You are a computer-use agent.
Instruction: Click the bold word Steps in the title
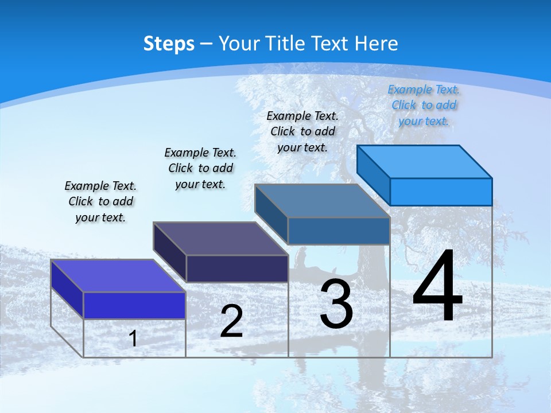pyautogui.click(x=169, y=44)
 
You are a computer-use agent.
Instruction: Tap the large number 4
pyautogui.click(x=437, y=287)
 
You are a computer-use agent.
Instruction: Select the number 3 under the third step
pyautogui.click(x=336, y=304)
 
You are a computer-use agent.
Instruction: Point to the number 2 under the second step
pyautogui.click(x=232, y=321)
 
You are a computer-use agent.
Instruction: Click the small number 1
pyautogui.click(x=133, y=338)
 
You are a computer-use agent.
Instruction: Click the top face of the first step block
pyautogui.click(x=118, y=275)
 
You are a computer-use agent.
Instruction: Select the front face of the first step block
pyautogui.click(x=134, y=305)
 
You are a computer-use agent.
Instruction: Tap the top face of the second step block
pyautogui.click(x=220, y=238)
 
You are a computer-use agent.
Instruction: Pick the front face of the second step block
pyautogui.click(x=237, y=268)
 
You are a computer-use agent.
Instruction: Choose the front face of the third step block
pyautogui.click(x=339, y=231)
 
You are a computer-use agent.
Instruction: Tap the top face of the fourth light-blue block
pyautogui.click(x=425, y=161)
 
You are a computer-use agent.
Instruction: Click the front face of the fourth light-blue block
pyautogui.click(x=441, y=192)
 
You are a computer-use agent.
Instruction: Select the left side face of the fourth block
pyautogui.click(x=373, y=174)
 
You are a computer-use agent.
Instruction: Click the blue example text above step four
pyautogui.click(x=424, y=105)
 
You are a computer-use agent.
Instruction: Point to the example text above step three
pyautogui.click(x=302, y=131)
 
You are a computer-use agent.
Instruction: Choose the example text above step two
pyautogui.click(x=200, y=168)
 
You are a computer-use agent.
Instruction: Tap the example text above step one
pyautogui.click(x=100, y=201)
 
